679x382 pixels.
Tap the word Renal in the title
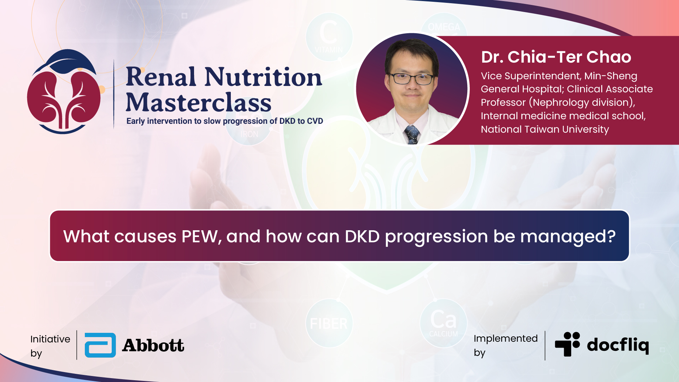click(161, 77)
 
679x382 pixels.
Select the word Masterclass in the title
click(199, 103)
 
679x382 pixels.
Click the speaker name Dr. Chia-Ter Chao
click(556, 57)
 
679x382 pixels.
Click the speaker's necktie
click(412, 134)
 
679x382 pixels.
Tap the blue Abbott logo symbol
click(100, 345)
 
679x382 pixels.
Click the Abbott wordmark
click(153, 346)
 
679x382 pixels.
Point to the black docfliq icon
click(567, 344)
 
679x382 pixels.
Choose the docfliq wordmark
click(618, 345)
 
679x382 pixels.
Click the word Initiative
click(50, 339)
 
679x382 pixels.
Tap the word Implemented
click(505, 338)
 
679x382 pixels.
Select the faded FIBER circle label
click(329, 324)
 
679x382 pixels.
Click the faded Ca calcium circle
click(444, 323)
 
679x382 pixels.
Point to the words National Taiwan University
click(545, 129)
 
